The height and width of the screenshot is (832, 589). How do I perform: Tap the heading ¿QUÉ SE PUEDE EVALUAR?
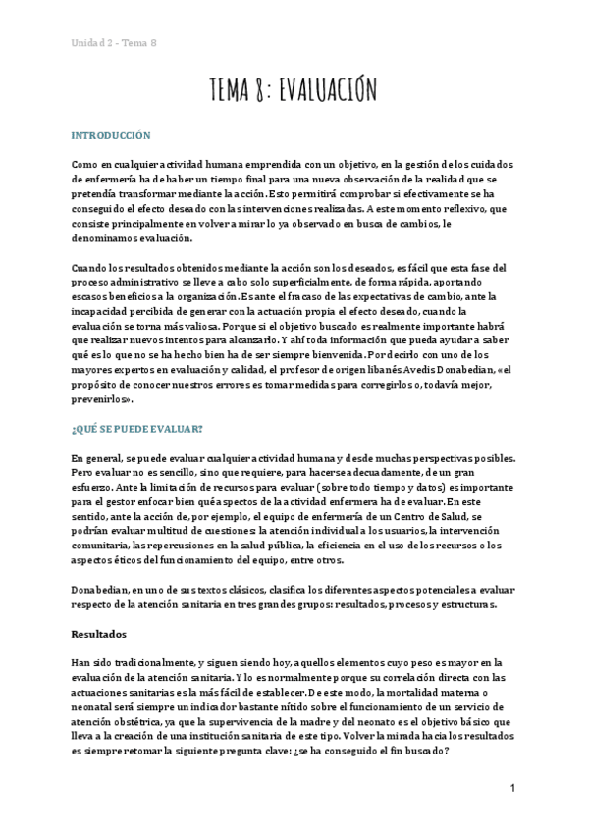click(x=137, y=429)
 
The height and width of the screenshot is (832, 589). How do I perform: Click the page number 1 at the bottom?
click(x=513, y=788)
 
